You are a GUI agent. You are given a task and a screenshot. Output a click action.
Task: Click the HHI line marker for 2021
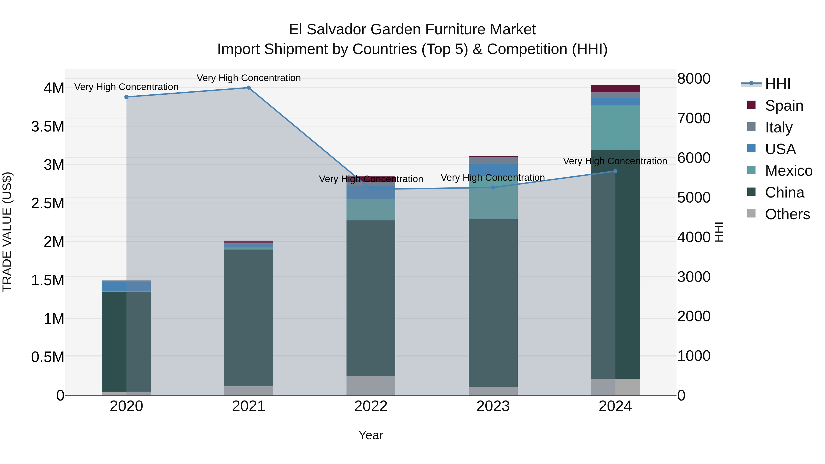[248, 88]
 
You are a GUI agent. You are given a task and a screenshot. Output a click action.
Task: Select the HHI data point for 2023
[493, 188]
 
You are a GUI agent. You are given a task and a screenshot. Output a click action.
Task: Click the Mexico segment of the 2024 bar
[615, 127]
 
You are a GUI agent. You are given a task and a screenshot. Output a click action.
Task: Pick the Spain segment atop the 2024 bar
[615, 89]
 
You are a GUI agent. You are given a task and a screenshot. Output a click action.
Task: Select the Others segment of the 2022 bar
[371, 386]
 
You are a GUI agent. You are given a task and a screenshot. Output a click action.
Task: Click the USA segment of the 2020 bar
[126, 286]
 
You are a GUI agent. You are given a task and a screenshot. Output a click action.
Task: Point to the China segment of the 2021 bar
[248, 317]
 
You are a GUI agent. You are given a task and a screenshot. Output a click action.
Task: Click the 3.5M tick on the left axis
[48, 126]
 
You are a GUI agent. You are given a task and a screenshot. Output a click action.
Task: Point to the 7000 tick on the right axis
[694, 118]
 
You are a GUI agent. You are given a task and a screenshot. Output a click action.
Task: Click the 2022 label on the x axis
[371, 406]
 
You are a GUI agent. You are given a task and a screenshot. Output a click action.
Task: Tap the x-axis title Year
[371, 435]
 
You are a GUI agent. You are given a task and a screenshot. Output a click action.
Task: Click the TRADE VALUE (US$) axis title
[7, 232]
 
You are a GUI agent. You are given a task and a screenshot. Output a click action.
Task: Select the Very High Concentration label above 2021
[248, 78]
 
